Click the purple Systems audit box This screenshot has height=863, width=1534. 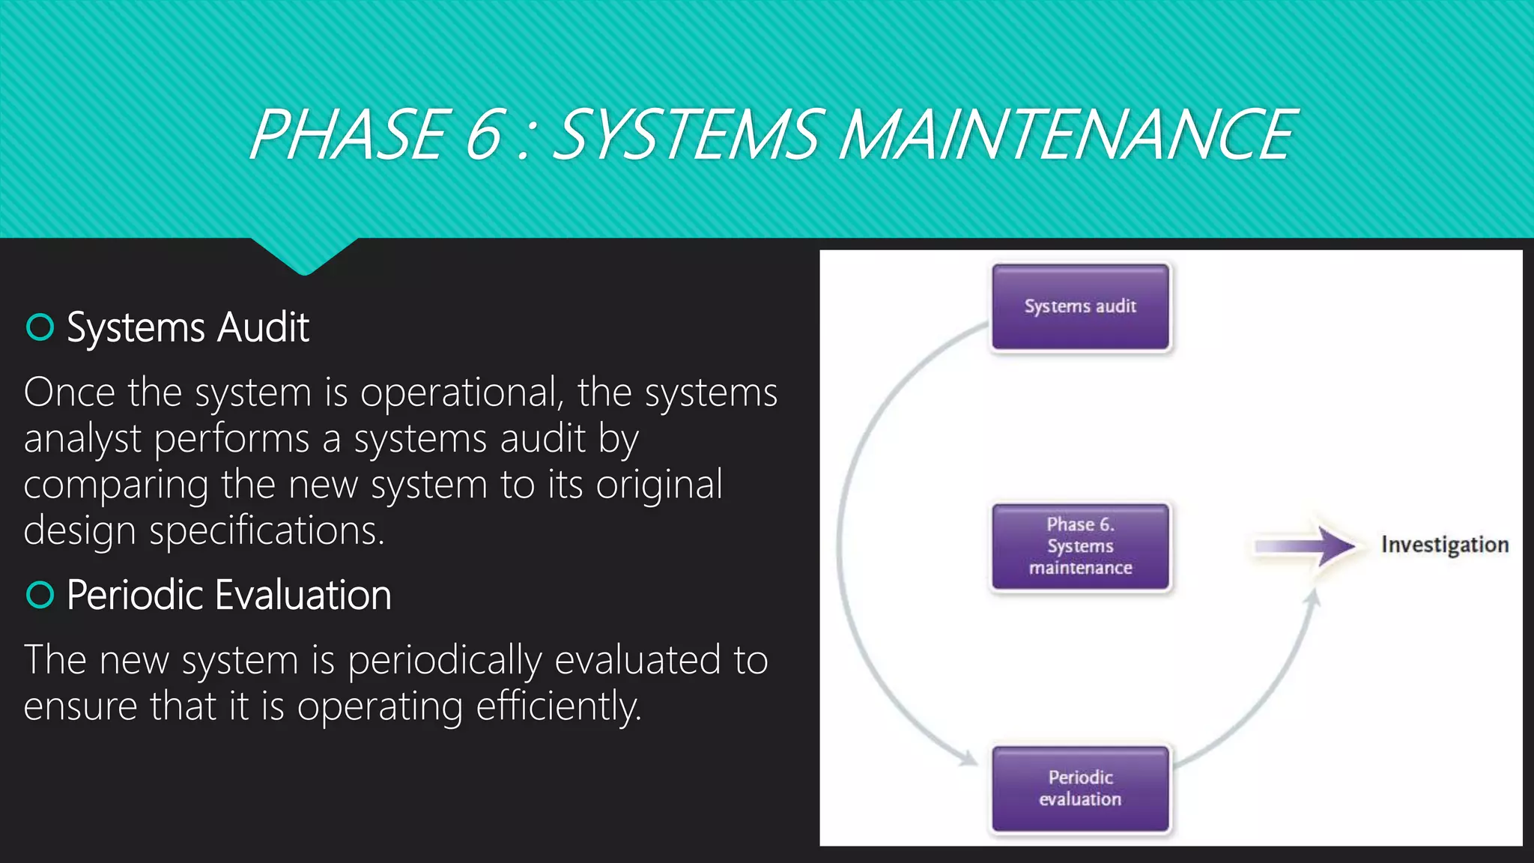coord(1080,306)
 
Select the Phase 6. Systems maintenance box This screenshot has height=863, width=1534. coord(1080,546)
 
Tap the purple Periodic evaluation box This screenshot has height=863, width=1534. coord(1080,788)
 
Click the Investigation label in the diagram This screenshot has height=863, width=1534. coord(1444,545)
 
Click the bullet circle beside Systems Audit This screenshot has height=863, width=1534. coord(40,327)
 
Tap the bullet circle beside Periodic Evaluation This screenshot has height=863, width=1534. coord(40,595)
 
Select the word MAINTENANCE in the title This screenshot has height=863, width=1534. coord(1067,135)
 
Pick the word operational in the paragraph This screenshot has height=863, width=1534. coord(461,393)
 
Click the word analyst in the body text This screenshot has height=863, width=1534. coord(82,440)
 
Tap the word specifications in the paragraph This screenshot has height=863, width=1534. coord(266,531)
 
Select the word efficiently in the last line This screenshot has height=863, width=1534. coord(559,706)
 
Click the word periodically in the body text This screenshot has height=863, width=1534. coord(444,661)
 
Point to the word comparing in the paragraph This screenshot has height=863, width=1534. coord(115,485)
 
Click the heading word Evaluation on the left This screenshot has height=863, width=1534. coord(303,596)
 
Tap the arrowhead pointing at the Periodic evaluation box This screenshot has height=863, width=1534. coord(969,759)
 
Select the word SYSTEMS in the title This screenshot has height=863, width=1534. coord(689,135)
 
